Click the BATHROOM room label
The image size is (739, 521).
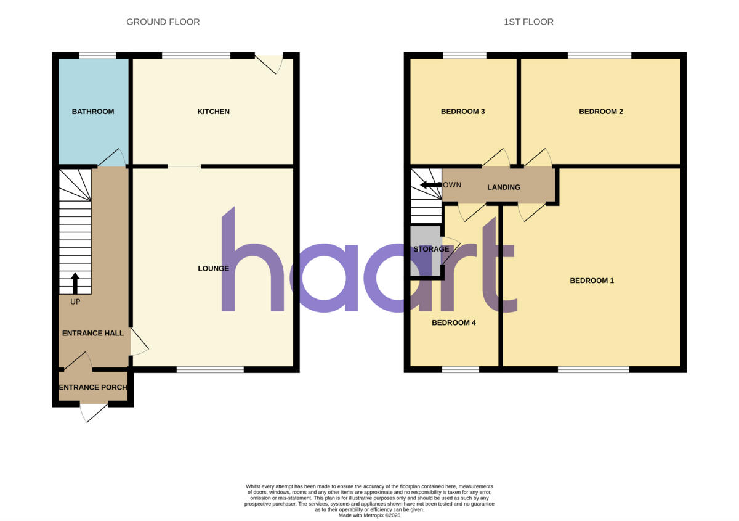(x=93, y=112)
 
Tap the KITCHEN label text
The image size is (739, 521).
(x=213, y=112)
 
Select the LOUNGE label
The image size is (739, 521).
(x=213, y=269)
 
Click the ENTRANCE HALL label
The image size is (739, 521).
(x=93, y=334)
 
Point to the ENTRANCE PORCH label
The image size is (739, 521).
(x=93, y=387)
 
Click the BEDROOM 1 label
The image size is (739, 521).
(x=592, y=281)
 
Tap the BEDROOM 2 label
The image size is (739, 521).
(x=601, y=112)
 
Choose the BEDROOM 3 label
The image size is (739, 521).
(x=462, y=112)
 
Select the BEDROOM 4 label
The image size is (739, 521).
(x=454, y=323)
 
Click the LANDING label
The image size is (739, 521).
(x=504, y=187)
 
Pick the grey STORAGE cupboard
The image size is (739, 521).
(x=426, y=251)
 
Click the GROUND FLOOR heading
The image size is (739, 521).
(x=163, y=22)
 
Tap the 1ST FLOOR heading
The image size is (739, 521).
(x=528, y=22)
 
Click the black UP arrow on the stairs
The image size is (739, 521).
(x=75, y=283)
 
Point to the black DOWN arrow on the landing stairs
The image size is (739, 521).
(x=431, y=185)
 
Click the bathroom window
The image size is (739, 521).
(x=97, y=55)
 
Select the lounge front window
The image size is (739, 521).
(x=210, y=370)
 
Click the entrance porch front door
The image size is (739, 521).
(x=94, y=412)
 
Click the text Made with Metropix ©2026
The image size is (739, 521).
(x=369, y=515)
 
